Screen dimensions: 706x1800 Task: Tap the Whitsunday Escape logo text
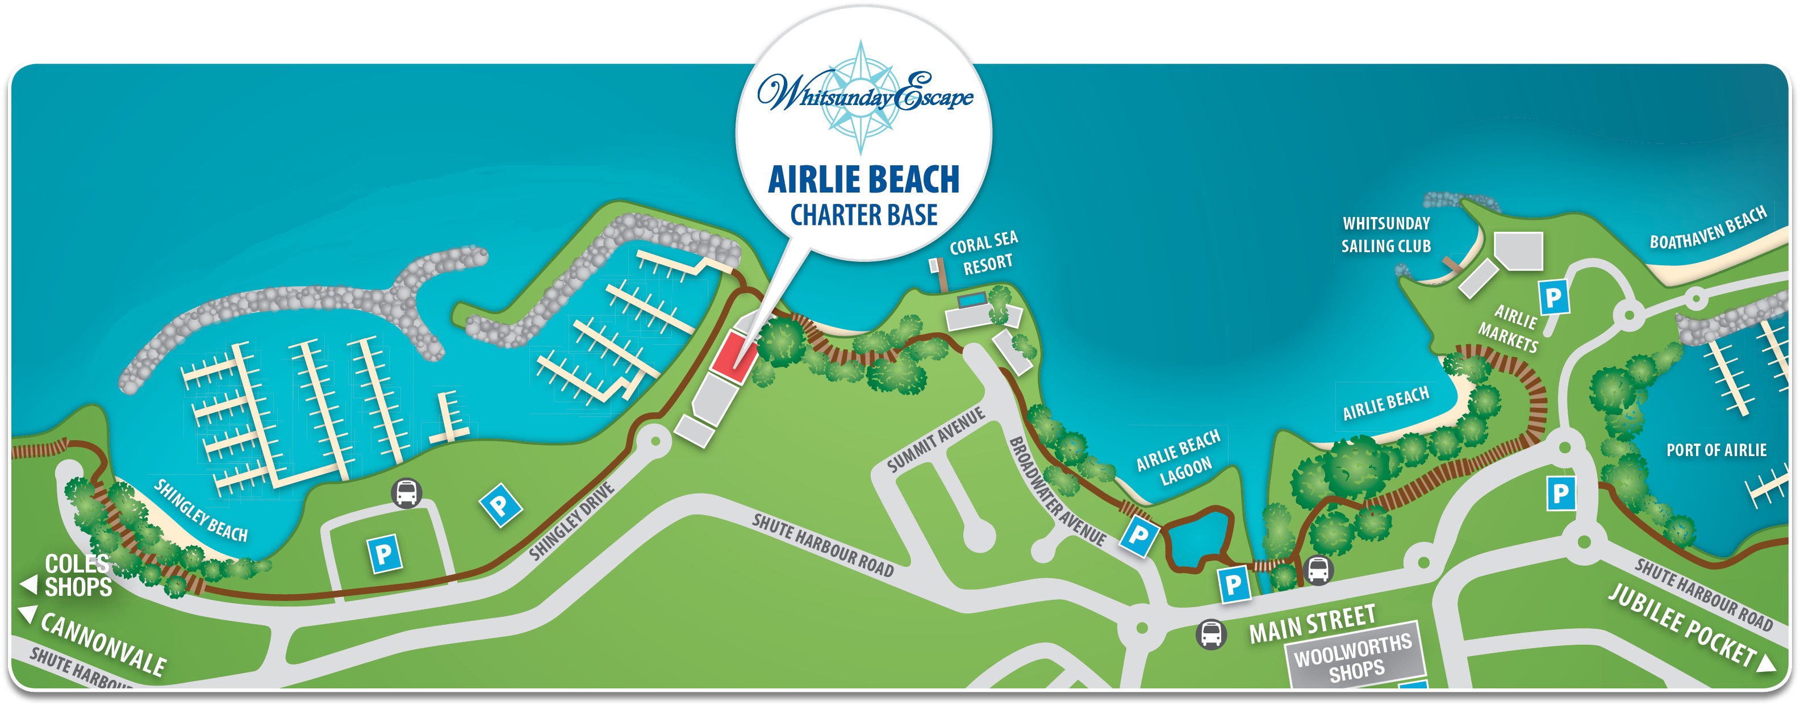click(x=865, y=95)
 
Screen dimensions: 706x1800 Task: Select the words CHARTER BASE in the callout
click(x=864, y=215)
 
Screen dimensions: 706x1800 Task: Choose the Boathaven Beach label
click(x=1708, y=228)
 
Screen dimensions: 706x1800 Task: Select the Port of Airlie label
click(x=1715, y=450)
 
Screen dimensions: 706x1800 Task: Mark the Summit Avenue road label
click(x=936, y=440)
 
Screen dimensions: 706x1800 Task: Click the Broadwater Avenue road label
click(x=1056, y=491)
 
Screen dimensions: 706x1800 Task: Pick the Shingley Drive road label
click(x=571, y=521)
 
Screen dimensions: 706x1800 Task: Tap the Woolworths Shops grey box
click(x=1354, y=657)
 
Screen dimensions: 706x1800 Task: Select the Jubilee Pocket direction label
click(x=1684, y=625)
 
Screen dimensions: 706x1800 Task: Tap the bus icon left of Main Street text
click(x=1211, y=634)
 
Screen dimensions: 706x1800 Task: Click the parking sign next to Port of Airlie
click(x=1560, y=494)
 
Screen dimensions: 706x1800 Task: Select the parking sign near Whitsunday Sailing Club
click(x=1554, y=297)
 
